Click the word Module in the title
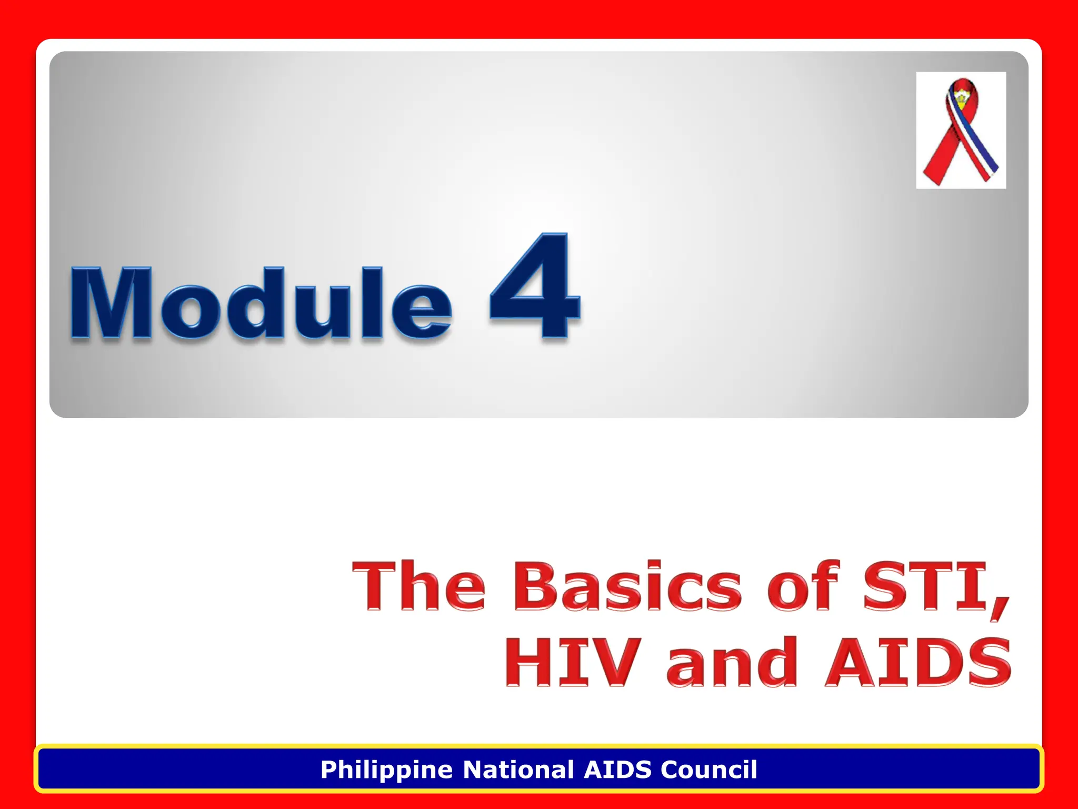[261, 303]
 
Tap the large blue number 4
[534, 287]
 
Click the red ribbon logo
[960, 131]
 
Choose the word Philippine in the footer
[386, 770]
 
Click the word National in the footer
[518, 769]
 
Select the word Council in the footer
[708, 769]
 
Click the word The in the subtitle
[418, 586]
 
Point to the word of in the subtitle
[802, 586]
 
